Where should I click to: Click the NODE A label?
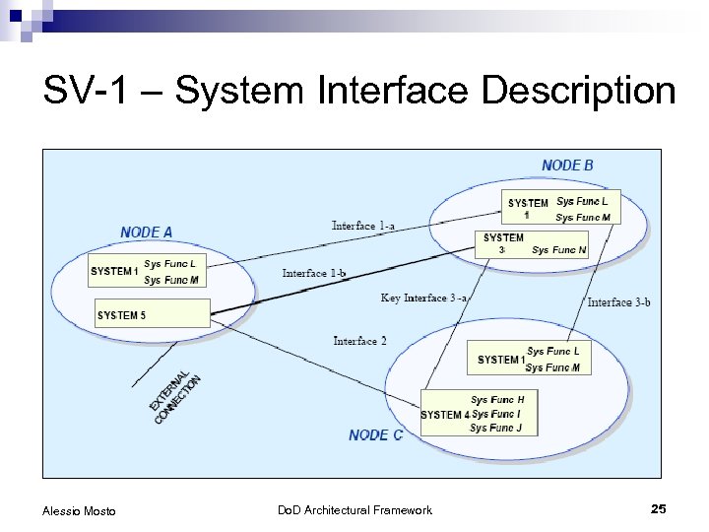(147, 233)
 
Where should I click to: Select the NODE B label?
(567, 166)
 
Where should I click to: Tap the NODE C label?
(375, 434)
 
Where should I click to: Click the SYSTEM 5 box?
(153, 314)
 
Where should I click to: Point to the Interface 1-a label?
(363, 226)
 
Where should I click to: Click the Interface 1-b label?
(313, 273)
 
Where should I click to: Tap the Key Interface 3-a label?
(424, 298)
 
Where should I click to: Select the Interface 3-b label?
(618, 302)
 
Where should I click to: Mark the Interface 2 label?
(359, 341)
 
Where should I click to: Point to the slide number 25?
(659, 508)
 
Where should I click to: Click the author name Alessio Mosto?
(79, 510)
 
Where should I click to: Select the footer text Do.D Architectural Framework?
(354, 510)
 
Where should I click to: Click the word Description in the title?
(580, 93)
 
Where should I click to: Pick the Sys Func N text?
(558, 250)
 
